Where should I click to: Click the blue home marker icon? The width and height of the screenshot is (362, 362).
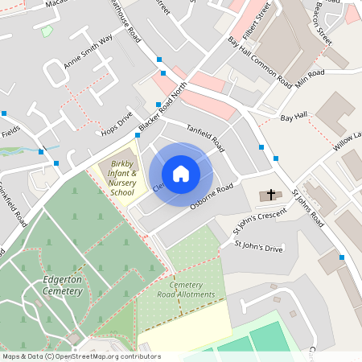[x=181, y=174]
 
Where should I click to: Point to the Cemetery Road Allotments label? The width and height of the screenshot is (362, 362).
[x=181, y=290]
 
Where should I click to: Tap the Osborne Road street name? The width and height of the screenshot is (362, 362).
[x=211, y=199]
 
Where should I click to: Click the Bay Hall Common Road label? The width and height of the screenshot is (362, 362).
[x=259, y=60]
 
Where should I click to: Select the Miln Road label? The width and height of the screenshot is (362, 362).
[x=310, y=77]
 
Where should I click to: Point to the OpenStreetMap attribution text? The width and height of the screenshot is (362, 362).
[x=80, y=356]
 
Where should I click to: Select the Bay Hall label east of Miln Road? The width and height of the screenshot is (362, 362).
[x=294, y=117]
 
